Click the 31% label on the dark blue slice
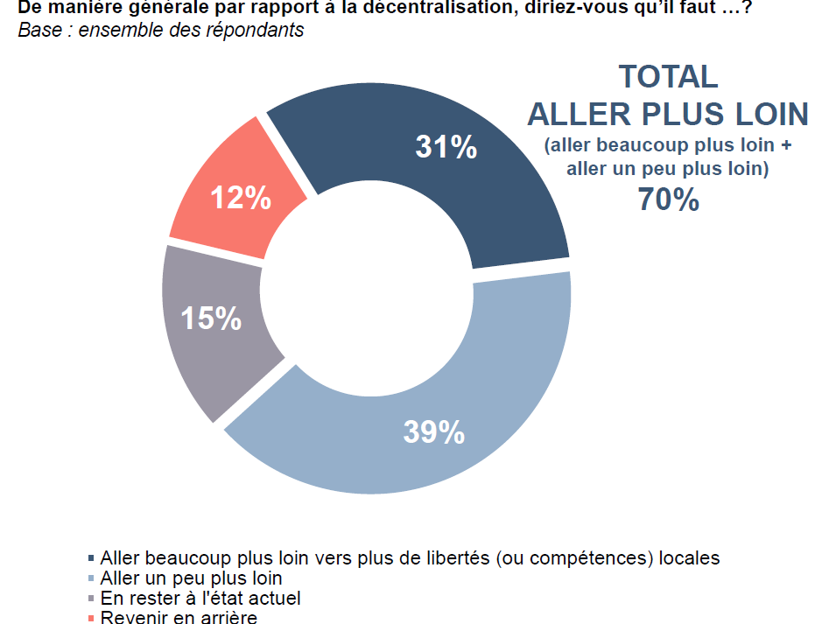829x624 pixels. coord(446,146)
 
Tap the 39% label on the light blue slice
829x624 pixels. coord(433,431)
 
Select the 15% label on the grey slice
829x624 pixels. coord(211,318)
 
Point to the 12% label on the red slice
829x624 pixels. coord(240,199)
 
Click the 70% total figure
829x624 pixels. coord(668,200)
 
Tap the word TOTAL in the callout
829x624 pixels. coord(668,77)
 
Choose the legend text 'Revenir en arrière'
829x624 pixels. coord(179,618)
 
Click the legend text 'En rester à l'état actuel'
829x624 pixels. coord(200,599)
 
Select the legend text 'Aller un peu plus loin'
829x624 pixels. coord(192,578)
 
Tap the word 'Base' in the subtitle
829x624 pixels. coord(36,30)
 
